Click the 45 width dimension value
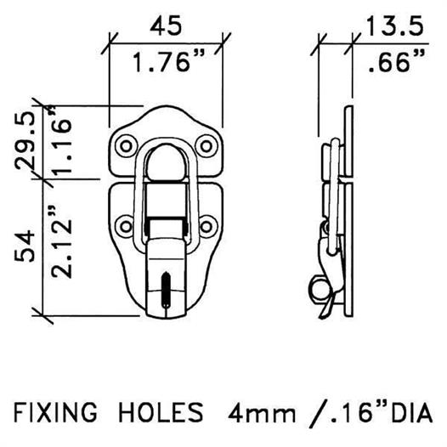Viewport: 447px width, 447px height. (166, 25)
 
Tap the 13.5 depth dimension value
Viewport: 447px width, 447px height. (394, 26)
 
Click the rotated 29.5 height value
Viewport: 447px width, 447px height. (25, 140)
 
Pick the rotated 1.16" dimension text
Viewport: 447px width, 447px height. (60, 139)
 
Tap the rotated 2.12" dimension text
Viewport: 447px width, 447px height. (60, 240)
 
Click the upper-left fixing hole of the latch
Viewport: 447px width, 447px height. (126, 146)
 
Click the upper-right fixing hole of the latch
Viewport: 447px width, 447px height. (207, 146)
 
